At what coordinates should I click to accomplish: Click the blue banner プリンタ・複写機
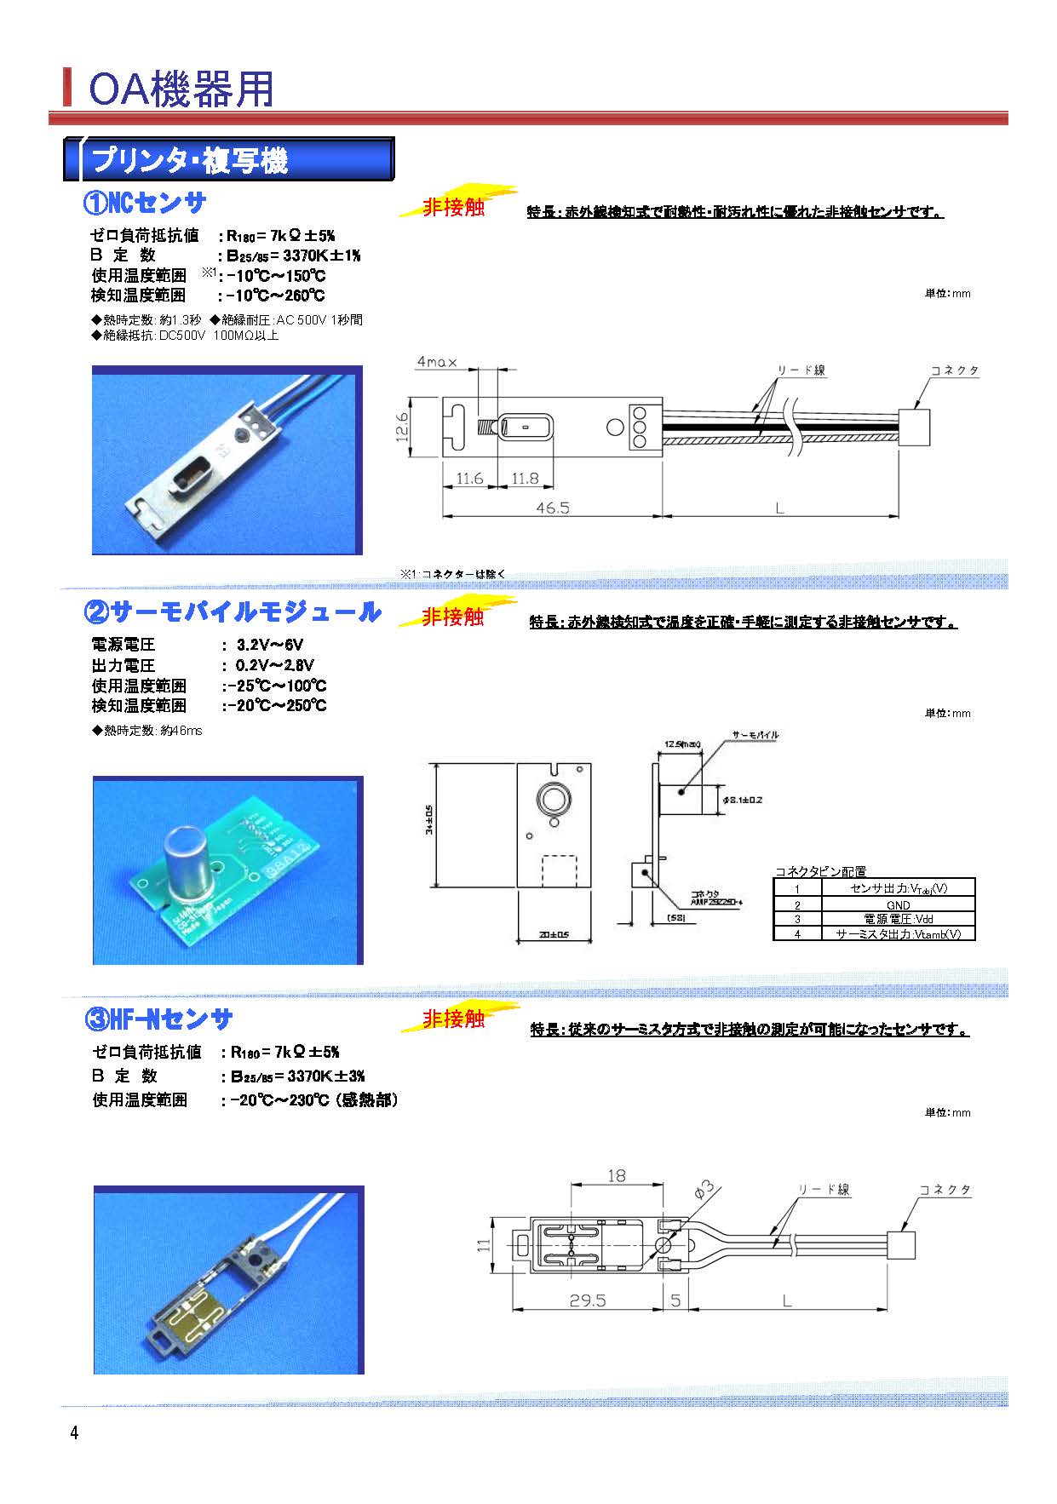190,161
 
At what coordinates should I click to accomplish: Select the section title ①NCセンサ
145,203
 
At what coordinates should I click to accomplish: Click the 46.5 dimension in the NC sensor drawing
552,507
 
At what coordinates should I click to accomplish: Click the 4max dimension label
436,362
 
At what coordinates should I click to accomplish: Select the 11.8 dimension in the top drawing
525,479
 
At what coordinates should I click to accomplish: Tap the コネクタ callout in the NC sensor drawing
954,370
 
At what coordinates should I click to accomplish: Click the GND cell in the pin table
898,904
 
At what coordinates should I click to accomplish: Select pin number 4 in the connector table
797,934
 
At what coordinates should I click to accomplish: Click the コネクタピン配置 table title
820,871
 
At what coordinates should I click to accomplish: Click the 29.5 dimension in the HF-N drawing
587,1300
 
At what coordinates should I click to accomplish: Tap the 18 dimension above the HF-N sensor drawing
616,1175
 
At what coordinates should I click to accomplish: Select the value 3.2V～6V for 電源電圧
269,645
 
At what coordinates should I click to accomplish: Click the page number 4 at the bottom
74,1433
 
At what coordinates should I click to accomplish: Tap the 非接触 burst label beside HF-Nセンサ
454,1019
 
